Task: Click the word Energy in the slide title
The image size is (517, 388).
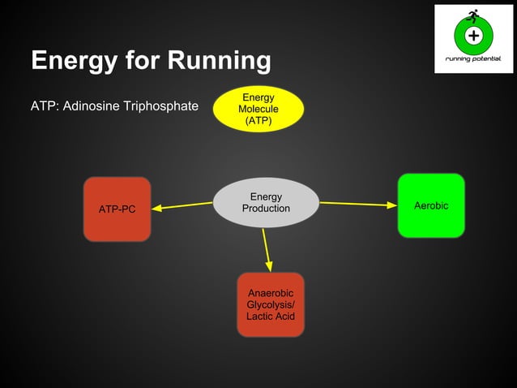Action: click(77, 60)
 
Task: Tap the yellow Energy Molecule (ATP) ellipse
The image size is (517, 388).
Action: click(258, 109)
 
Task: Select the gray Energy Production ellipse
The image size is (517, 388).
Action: click(266, 203)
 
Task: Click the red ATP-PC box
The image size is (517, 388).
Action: click(117, 209)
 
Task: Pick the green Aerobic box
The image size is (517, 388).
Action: click(430, 205)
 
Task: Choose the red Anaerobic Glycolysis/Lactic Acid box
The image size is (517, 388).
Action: click(271, 304)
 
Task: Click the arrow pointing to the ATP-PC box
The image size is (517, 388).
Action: click(182, 205)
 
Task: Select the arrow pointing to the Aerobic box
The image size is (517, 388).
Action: click(357, 204)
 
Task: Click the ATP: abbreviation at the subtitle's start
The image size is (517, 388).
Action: click(44, 106)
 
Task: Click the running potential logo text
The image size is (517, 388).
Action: click(473, 59)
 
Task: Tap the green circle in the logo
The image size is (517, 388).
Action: click(473, 36)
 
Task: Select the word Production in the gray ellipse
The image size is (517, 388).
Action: click(266, 209)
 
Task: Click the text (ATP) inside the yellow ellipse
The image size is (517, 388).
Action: click(258, 121)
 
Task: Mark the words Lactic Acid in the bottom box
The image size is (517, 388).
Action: click(271, 316)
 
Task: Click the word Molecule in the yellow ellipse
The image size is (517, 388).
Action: click(258, 109)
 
